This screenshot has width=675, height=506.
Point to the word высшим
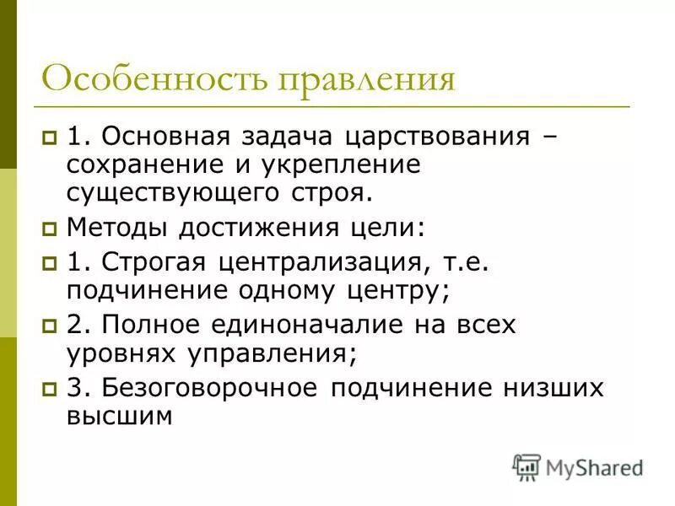point(119,416)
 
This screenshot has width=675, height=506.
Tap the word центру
point(397,290)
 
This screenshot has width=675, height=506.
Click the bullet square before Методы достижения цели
point(50,229)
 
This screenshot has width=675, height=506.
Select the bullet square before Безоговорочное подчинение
point(50,389)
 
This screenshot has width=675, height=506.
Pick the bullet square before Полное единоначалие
point(50,326)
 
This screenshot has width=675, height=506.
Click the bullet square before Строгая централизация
point(50,263)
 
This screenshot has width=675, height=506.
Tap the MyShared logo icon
point(526,467)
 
